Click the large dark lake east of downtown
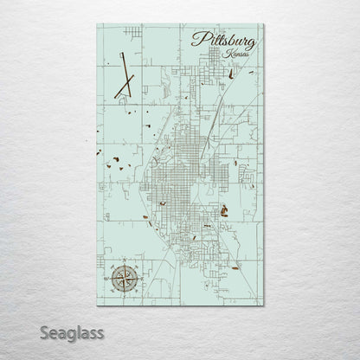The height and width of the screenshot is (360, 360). (x=223, y=209)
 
